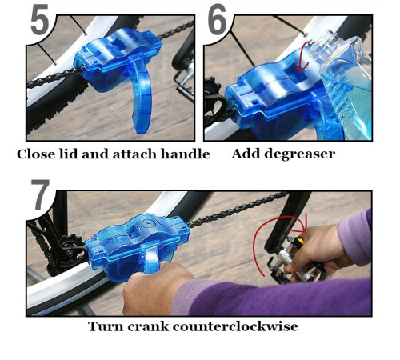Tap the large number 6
pos(218,22)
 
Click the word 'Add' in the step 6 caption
pos(246,154)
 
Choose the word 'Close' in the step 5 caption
pos(36,154)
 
